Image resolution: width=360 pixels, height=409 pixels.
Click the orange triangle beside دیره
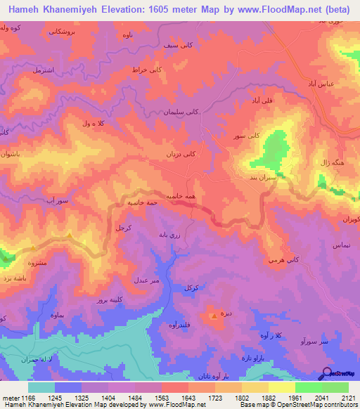click(x=214, y=316)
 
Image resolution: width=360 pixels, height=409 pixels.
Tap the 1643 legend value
click(x=174, y=398)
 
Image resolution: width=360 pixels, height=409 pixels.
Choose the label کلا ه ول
click(x=91, y=124)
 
